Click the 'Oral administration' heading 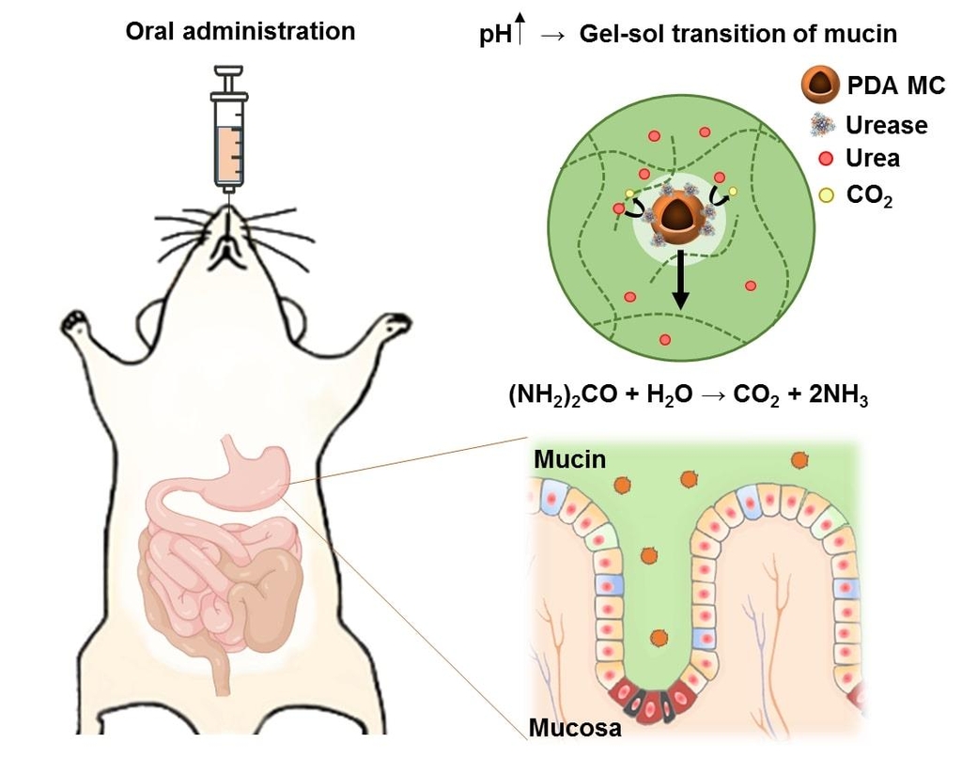point(240,31)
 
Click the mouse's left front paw point(75,324)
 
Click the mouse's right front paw point(396,324)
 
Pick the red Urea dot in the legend point(827,158)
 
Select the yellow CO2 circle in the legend point(827,195)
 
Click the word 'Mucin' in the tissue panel point(569,459)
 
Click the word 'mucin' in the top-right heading point(864,35)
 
